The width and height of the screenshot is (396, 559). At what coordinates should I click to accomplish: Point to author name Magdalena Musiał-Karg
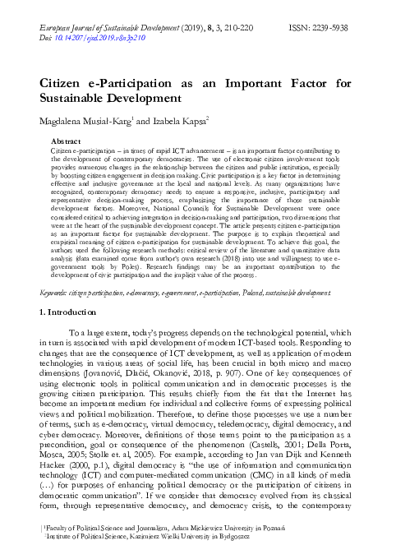click(x=90, y=122)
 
